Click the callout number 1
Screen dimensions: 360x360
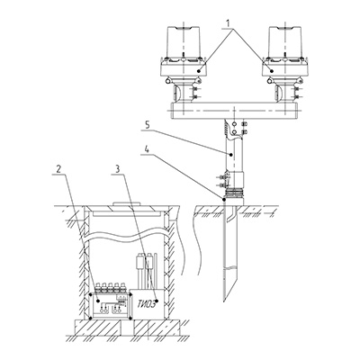coord(229,23)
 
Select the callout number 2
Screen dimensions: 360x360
coord(58,169)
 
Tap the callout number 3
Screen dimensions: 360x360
coord(118,169)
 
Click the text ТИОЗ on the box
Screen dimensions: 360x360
coord(146,304)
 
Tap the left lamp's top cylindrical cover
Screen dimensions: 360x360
coord(183,41)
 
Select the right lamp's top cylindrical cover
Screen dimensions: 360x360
coord(286,41)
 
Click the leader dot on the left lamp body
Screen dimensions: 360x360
coord(199,71)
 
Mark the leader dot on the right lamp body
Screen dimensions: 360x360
coord(272,71)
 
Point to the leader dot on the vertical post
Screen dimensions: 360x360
coord(230,155)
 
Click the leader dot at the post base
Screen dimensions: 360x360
coord(223,199)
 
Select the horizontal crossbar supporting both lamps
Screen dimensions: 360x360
coord(234,111)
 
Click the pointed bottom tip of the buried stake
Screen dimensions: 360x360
coord(224,301)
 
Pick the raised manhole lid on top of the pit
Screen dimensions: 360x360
coord(126,204)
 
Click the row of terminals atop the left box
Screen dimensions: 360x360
coord(110,287)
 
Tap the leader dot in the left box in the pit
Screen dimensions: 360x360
coord(99,301)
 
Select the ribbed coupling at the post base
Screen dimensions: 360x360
coord(234,193)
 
